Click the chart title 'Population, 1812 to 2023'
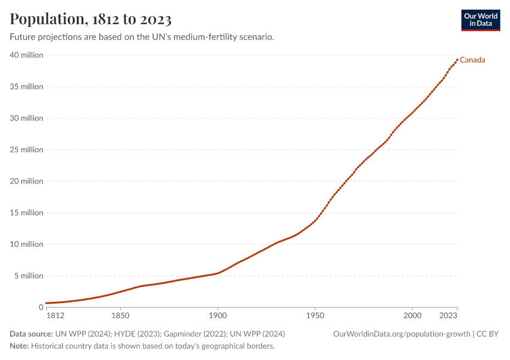click(x=91, y=19)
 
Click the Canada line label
click(x=472, y=60)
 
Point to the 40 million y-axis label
click(x=26, y=55)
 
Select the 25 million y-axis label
click(x=26, y=150)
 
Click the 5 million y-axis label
click(x=28, y=276)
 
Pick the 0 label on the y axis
click(x=41, y=308)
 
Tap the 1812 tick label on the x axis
click(x=54, y=315)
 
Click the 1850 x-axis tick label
click(x=120, y=315)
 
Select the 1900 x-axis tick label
click(x=217, y=315)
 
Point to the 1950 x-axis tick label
click(x=314, y=315)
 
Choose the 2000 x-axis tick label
click(x=412, y=315)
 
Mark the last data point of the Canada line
click(x=457, y=59)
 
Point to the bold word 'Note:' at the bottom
click(x=19, y=346)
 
